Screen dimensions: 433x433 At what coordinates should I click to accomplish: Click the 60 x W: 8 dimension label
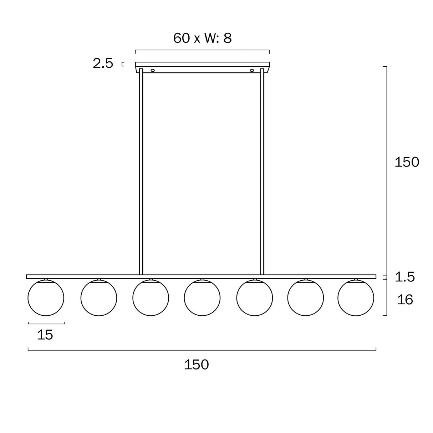(x=202, y=38)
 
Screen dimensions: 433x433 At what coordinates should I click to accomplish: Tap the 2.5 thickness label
(x=103, y=64)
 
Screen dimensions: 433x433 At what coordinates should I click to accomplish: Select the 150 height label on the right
(x=407, y=162)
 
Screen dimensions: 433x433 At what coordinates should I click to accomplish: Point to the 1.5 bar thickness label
(x=405, y=277)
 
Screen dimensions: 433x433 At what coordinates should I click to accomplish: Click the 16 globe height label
(x=405, y=300)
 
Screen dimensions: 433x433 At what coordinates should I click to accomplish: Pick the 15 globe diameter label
(x=45, y=335)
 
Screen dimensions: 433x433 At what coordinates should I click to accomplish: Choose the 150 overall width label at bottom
(x=196, y=365)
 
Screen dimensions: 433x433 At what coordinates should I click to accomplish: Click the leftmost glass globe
(x=46, y=298)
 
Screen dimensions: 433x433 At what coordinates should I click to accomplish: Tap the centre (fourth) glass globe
(x=202, y=298)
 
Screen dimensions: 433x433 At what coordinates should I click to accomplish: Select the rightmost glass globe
(x=356, y=298)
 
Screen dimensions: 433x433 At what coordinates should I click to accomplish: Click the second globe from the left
(x=98, y=298)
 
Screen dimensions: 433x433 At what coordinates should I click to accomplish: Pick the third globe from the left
(x=151, y=298)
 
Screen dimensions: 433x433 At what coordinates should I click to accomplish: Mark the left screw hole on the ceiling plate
(x=153, y=70)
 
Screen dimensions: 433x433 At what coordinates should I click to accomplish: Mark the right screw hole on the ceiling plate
(x=252, y=70)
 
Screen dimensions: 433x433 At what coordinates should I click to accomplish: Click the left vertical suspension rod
(x=141, y=171)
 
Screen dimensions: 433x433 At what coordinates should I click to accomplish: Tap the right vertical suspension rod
(x=262, y=171)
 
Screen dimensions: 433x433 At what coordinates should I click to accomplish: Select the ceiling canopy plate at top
(x=202, y=65)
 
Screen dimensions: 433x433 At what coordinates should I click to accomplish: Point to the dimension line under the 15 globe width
(x=46, y=324)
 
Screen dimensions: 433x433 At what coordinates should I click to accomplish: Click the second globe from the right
(x=305, y=298)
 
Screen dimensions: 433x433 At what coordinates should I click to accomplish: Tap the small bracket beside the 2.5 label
(x=123, y=64)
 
